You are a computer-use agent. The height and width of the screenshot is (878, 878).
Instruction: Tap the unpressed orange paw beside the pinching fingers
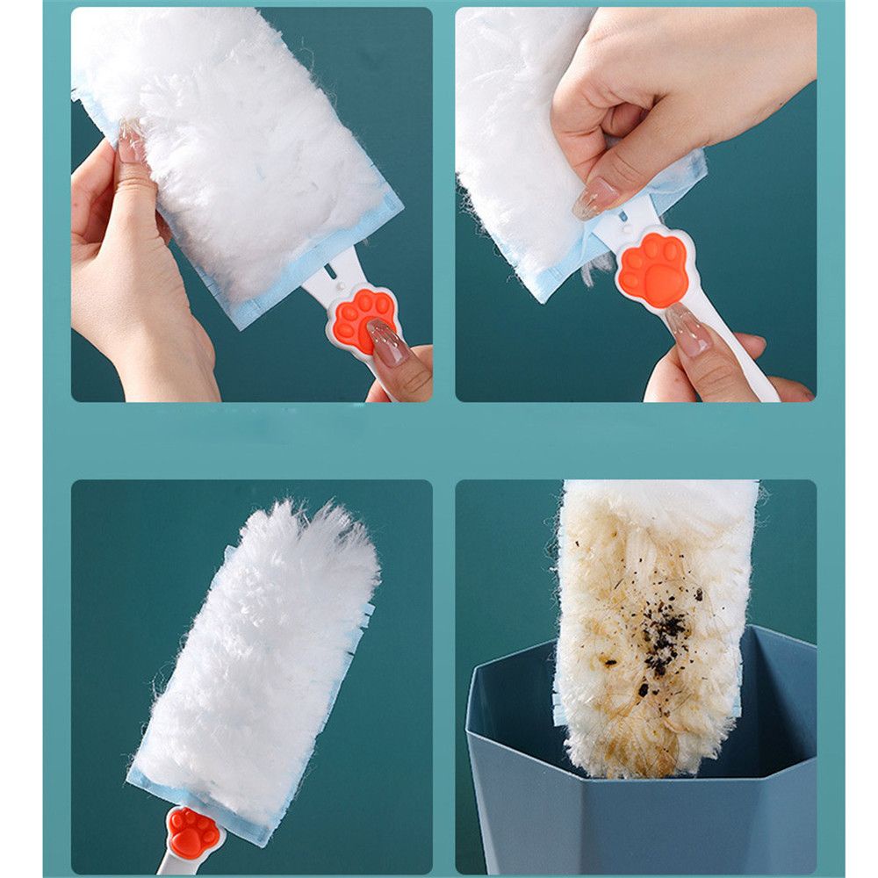pyautogui.click(x=651, y=268)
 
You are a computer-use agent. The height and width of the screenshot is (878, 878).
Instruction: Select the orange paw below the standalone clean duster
pyautogui.click(x=193, y=832)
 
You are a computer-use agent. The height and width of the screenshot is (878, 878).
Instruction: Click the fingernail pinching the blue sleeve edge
pyautogui.click(x=594, y=199)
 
